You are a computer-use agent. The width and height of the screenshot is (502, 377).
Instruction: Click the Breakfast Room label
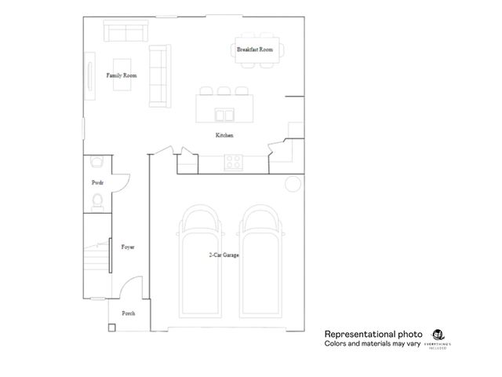255,49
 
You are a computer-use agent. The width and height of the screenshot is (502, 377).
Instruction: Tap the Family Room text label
122,75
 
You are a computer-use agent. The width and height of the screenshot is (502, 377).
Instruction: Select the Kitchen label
225,136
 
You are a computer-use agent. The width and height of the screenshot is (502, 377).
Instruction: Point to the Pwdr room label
97,182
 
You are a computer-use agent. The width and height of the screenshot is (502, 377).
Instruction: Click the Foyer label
127,247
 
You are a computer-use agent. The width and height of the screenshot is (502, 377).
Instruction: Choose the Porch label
128,313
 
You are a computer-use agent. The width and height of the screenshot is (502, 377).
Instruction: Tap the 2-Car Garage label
224,256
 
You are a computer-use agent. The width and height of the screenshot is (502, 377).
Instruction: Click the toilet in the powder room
96,203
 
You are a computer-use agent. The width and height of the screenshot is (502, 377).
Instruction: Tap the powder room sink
96,162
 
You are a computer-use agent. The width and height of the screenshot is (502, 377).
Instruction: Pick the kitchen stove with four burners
234,163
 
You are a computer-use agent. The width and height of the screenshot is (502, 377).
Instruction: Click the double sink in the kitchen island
224,115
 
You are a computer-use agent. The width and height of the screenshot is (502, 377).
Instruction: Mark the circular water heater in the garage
293,184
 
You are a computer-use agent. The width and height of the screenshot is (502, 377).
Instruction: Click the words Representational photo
362,334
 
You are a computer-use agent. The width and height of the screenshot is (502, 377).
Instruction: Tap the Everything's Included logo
438,338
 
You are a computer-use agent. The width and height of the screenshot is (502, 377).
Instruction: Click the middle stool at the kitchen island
224,91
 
